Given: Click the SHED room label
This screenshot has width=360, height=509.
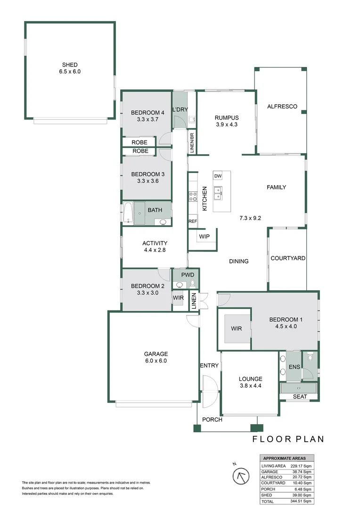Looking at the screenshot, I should [70, 65].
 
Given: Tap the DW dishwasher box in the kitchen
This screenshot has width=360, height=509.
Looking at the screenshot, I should [218, 176].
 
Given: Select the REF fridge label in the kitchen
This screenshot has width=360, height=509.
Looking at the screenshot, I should [192, 221].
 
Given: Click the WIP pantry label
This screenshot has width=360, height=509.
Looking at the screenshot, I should [204, 237].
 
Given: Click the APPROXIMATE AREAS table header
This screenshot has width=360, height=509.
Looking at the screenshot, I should [284, 458].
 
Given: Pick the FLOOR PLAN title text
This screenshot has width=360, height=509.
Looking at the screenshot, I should [288, 439].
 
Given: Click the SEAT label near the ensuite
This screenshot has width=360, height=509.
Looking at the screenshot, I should [300, 397].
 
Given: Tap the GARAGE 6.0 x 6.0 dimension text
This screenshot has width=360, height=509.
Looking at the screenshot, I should [156, 361].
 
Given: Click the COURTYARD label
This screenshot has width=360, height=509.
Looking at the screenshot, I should [288, 258].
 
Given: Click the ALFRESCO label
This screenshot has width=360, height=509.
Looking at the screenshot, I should [282, 107].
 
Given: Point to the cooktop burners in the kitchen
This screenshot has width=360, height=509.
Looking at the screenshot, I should [192, 196].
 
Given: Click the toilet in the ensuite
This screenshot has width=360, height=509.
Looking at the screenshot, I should [309, 359].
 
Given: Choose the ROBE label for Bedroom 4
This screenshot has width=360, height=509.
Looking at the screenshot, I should [140, 142].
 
